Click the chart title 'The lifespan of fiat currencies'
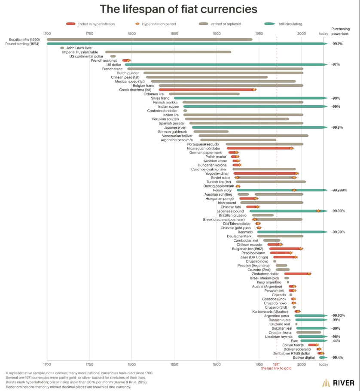(178, 9)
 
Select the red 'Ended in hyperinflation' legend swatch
(70, 24)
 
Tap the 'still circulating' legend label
(290, 24)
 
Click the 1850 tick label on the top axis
(174, 33)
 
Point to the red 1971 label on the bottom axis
(276, 364)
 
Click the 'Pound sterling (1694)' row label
(22, 44)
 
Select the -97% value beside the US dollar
(336, 64)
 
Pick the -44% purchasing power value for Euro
(336, 341)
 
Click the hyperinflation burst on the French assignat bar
(128, 61)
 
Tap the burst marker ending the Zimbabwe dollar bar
(309, 274)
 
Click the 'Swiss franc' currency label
(160, 98)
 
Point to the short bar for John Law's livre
(62, 48)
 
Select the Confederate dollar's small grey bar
(185, 111)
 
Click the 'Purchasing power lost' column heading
(340, 31)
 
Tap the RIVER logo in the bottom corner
(338, 383)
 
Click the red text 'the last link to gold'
(276, 368)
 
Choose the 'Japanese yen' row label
(175, 127)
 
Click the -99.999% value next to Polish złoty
(339, 190)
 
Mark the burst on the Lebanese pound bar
(318, 211)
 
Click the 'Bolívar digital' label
(304, 358)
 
